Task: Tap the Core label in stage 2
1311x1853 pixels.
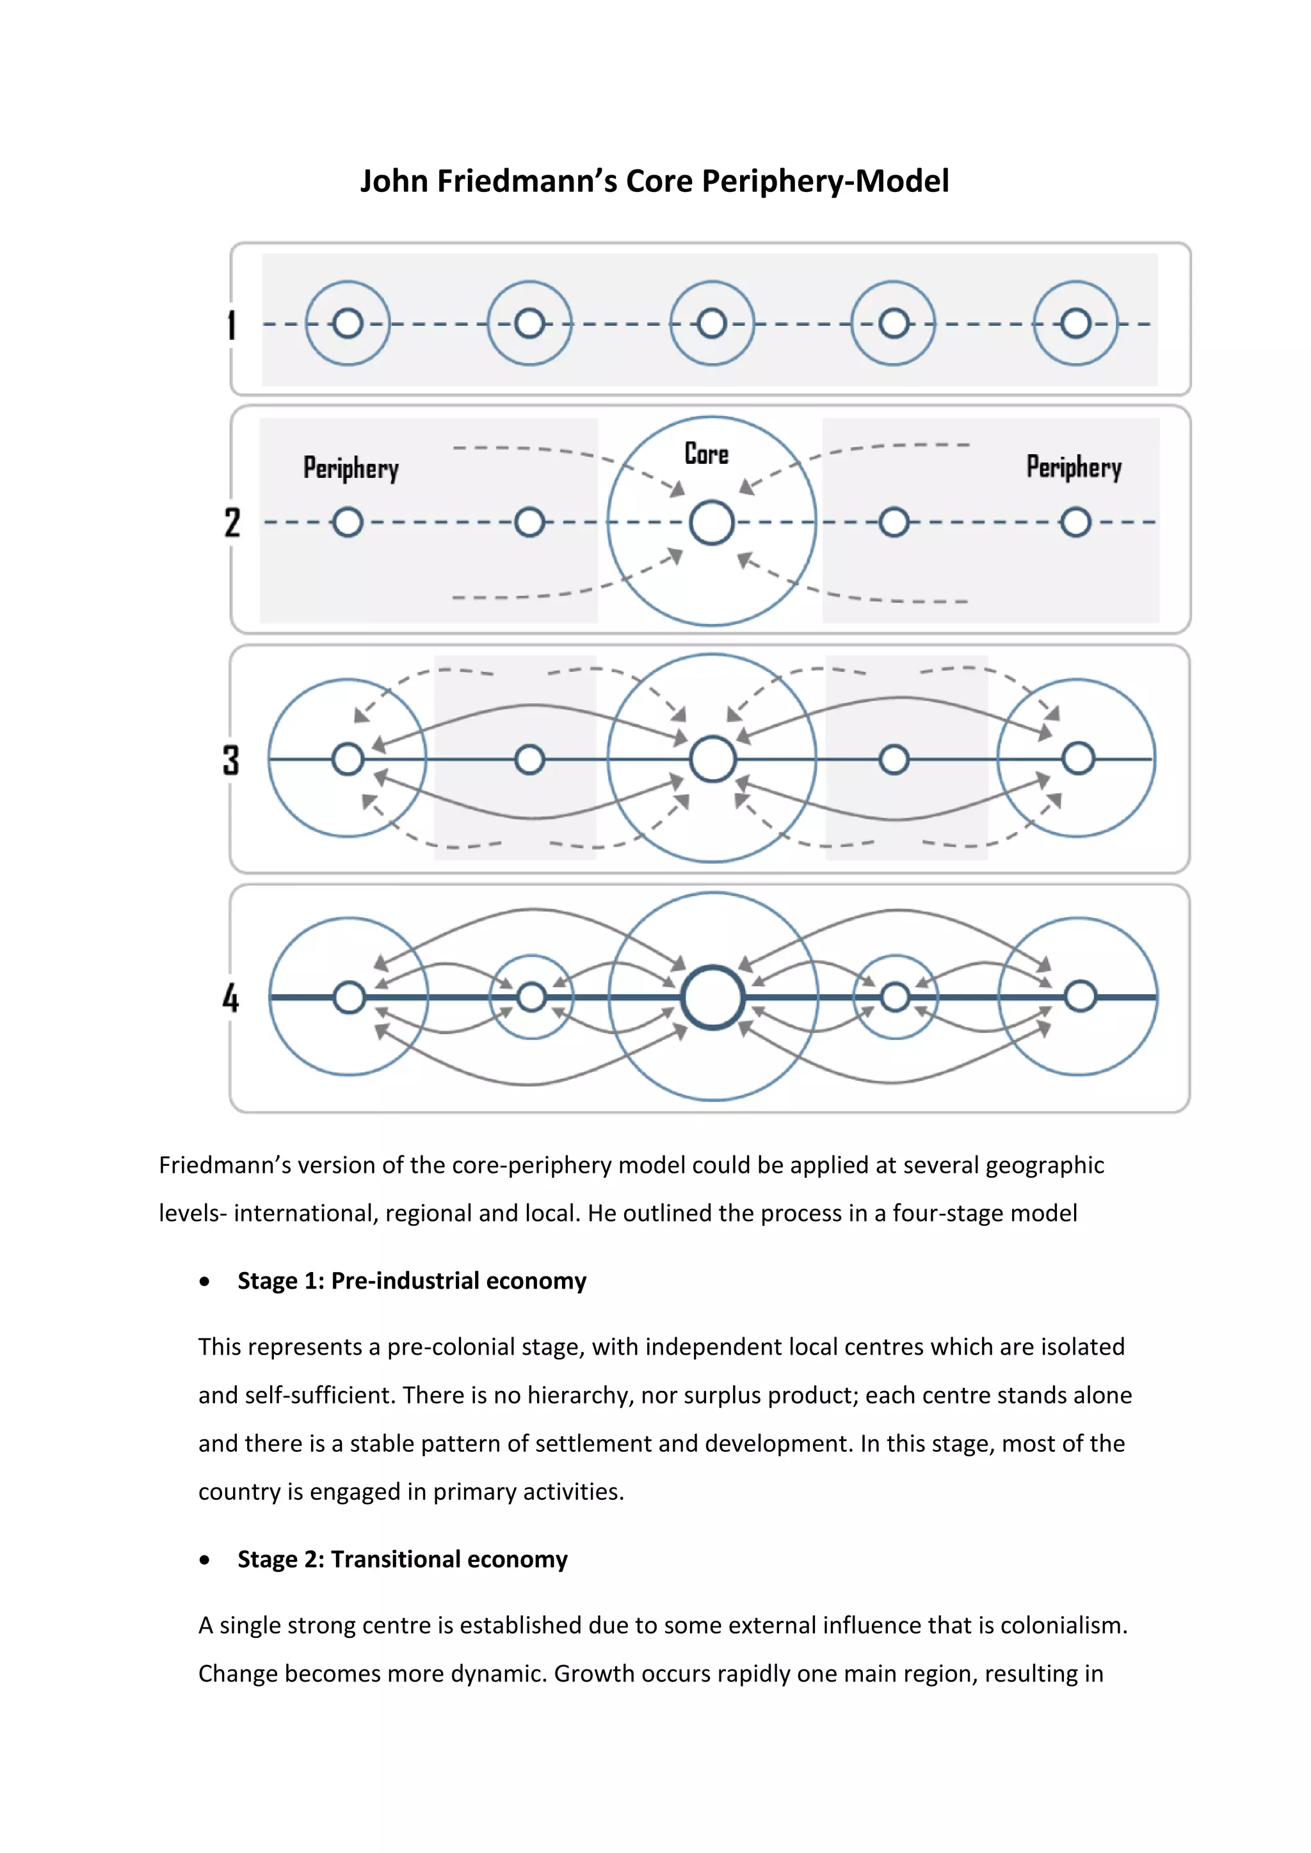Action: pos(706,454)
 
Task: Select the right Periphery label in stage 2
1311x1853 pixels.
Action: pos(1074,466)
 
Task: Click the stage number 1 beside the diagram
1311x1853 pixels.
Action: pos(232,324)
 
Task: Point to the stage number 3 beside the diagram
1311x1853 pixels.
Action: pos(232,760)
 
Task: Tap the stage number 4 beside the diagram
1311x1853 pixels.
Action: pos(231,998)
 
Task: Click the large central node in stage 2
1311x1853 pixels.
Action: pos(712,522)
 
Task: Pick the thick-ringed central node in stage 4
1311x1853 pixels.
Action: pos(713,998)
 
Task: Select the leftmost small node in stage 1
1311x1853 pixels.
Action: pos(348,324)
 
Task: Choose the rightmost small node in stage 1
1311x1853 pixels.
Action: pos(1076,324)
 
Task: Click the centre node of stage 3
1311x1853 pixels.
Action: pos(713,759)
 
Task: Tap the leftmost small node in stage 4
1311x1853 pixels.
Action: pos(349,998)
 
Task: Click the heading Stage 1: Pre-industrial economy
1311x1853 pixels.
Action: pos(412,1281)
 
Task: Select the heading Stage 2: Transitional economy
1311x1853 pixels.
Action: pos(402,1559)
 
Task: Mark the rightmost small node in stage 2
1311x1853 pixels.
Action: pos(1076,522)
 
